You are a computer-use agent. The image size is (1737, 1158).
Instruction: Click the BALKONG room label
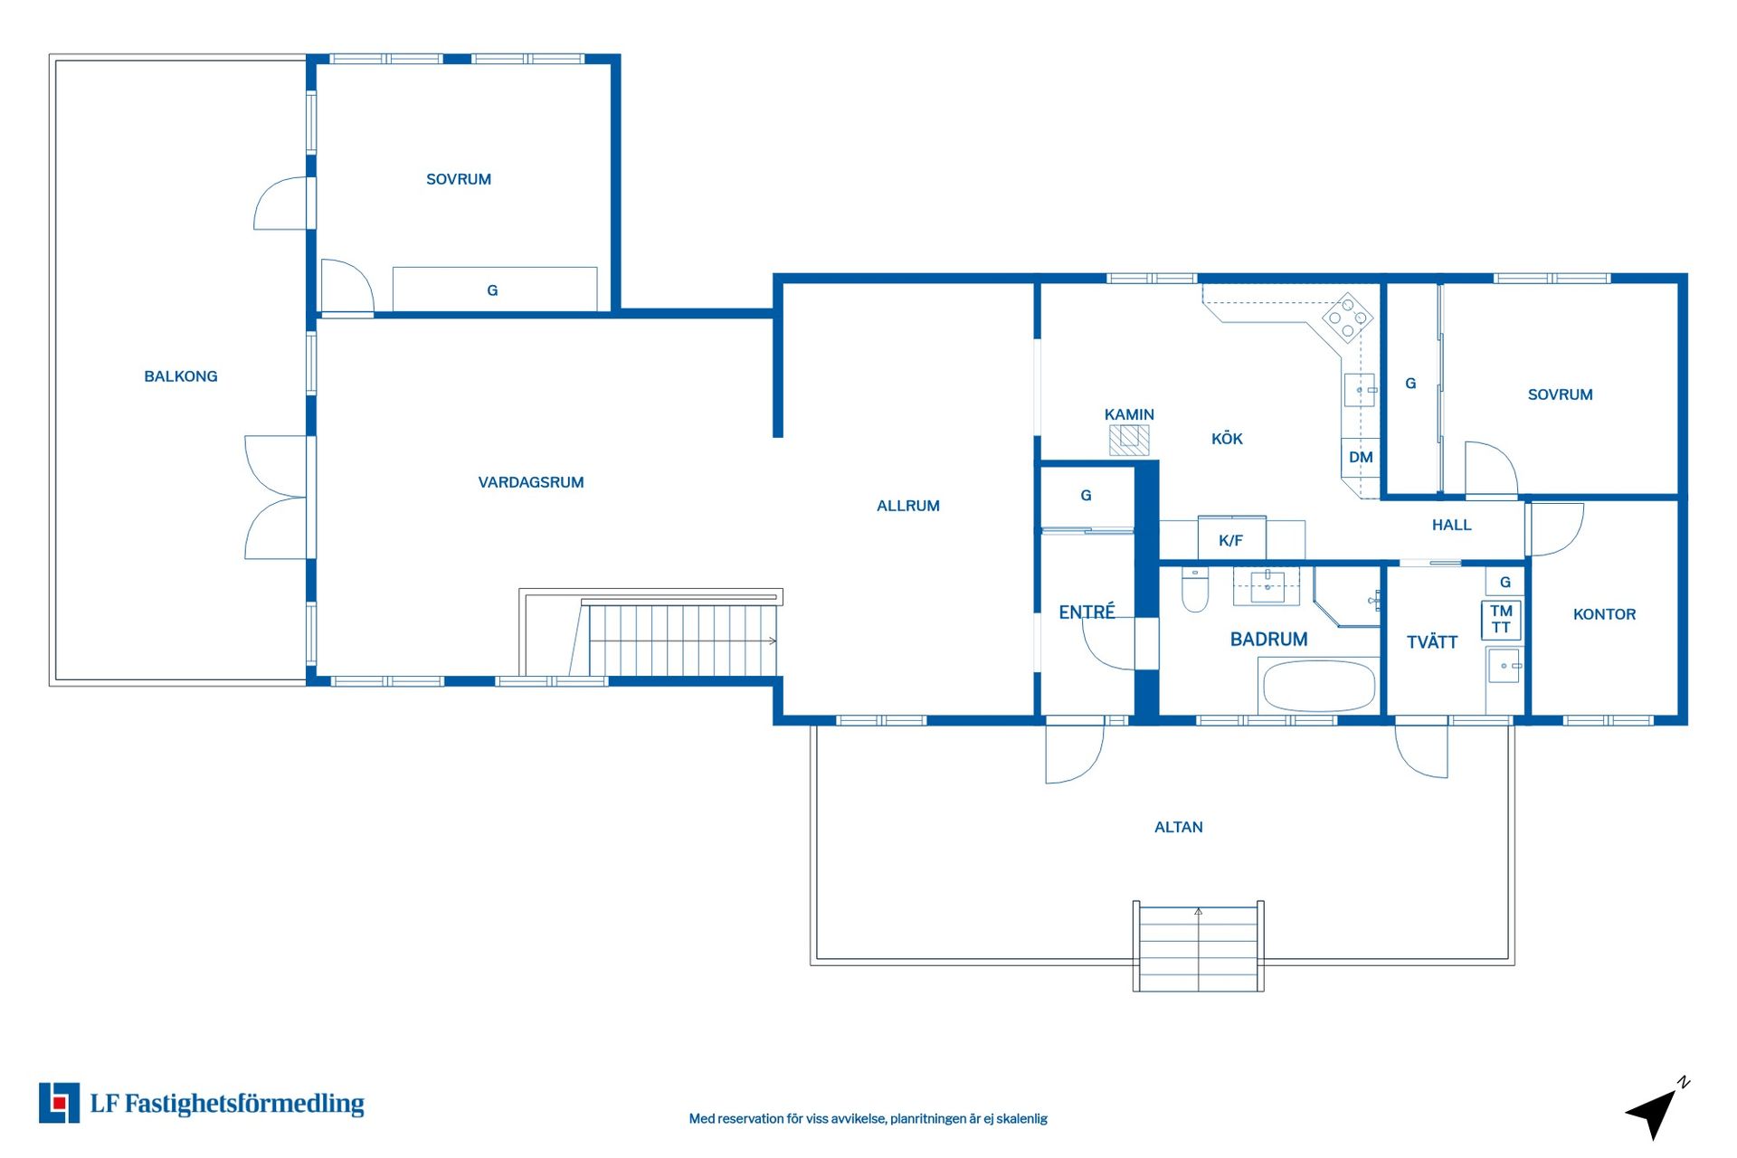(181, 376)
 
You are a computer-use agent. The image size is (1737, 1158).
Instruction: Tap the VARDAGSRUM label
(531, 482)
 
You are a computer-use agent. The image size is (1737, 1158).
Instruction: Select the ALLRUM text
(908, 506)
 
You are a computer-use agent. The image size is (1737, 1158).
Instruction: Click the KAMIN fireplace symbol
(1129, 440)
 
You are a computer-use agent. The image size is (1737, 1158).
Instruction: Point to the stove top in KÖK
(1347, 318)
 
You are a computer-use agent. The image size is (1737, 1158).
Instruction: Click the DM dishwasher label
(1361, 457)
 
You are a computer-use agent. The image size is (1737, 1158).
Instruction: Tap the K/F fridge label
(1230, 540)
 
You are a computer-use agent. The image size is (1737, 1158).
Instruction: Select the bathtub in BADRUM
(1319, 686)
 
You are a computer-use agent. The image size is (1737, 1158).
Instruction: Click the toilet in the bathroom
(1195, 589)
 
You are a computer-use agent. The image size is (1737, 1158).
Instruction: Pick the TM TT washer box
(1501, 620)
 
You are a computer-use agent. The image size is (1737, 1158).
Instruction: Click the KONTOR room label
(1604, 614)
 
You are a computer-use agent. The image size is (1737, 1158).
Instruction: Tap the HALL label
(1451, 525)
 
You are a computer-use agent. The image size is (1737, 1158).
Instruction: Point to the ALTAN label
(1178, 827)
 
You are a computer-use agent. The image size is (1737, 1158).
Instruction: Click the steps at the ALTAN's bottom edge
(1198, 946)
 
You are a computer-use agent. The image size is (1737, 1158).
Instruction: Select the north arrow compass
(1657, 1108)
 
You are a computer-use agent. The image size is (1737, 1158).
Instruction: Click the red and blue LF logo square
(59, 1103)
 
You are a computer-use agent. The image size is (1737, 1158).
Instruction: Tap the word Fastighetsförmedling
(244, 1104)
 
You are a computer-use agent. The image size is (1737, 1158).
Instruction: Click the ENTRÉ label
(1087, 612)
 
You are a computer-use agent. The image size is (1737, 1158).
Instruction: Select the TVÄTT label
(1432, 642)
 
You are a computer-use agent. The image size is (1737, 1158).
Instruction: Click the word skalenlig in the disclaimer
(1022, 1119)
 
